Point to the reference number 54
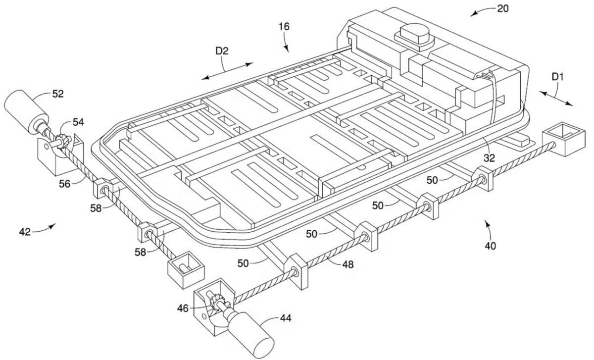(x=79, y=122)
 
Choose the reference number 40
(x=490, y=245)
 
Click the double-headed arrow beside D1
(x=556, y=98)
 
